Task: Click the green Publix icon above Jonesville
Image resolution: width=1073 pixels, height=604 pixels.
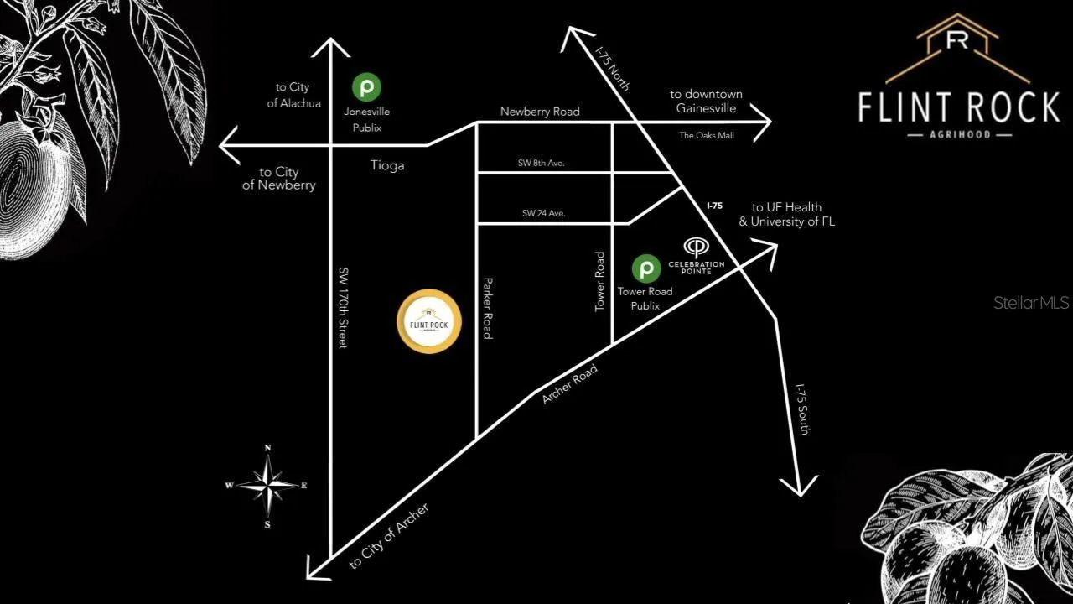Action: coord(366,86)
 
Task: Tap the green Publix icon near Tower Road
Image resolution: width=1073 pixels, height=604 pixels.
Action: coord(645,268)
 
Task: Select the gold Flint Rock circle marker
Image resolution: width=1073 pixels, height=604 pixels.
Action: coord(428,321)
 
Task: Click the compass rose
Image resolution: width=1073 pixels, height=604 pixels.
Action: coord(268,485)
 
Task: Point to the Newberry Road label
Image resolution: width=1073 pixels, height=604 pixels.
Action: coord(540,112)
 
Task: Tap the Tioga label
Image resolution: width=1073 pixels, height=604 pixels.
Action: coord(387,165)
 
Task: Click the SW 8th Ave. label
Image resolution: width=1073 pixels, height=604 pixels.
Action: coord(542,163)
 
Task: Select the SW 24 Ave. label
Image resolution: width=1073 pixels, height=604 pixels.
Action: coord(543,213)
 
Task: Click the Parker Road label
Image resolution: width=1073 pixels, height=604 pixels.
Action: coord(486,308)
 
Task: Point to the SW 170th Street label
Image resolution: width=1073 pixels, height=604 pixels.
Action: coord(343,308)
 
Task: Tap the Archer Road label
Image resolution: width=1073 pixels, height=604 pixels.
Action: coord(569,383)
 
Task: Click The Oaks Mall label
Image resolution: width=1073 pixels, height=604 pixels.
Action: coord(706,135)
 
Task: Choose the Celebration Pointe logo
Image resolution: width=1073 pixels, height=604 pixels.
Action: coord(696,247)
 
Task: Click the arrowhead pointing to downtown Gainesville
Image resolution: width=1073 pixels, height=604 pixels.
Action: coord(763,122)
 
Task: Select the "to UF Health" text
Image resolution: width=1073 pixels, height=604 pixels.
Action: coord(786,207)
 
